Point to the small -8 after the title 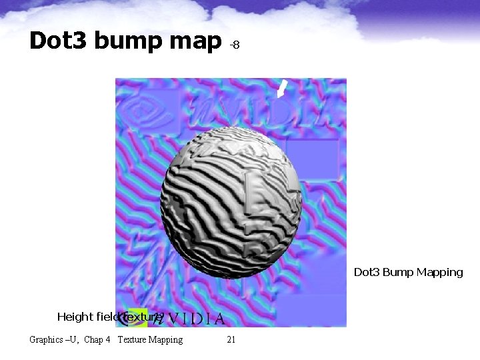point(235,45)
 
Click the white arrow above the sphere point(282,89)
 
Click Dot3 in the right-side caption point(366,272)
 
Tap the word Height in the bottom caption point(75,317)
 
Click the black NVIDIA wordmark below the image point(193,318)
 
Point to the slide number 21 point(231,340)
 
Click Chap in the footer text point(93,340)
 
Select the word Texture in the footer point(133,340)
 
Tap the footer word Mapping point(166,340)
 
